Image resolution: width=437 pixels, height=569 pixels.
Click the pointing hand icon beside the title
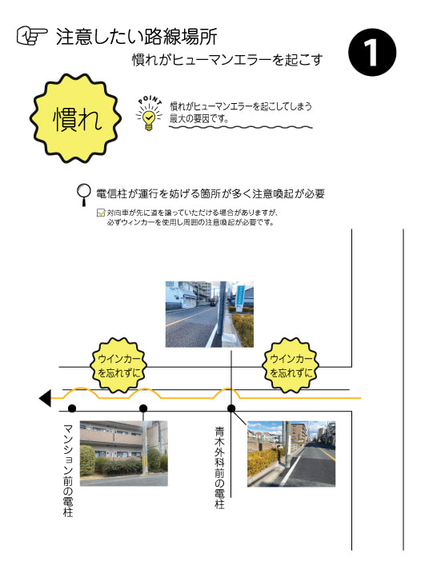[x=32, y=36]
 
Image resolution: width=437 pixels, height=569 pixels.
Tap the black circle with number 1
[x=372, y=52]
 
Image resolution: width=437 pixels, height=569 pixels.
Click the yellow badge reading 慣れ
[x=75, y=118]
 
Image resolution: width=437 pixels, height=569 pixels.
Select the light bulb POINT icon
[x=149, y=113]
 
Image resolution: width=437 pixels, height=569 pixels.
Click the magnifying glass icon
[x=84, y=195]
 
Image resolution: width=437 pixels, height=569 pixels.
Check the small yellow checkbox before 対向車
[x=101, y=213]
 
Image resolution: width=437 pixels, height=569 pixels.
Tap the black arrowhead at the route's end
[x=45, y=399]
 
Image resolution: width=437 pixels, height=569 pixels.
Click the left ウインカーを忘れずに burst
[x=118, y=365]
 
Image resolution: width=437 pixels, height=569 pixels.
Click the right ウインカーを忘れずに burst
[x=290, y=365]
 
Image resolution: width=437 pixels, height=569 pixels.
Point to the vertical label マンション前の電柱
[x=68, y=470]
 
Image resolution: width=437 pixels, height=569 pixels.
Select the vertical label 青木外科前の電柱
[x=219, y=468]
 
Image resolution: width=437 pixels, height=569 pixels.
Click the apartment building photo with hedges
[x=123, y=453]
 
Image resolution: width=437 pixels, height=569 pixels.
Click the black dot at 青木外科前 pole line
[x=231, y=408]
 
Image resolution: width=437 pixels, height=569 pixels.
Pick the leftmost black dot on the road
[x=72, y=408]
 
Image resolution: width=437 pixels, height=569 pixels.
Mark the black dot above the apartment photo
[x=143, y=408]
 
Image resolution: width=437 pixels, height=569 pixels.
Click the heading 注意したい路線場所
[x=136, y=36]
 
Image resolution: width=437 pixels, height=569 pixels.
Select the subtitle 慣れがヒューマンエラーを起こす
[x=227, y=60]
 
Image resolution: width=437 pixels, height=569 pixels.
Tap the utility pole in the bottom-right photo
[x=287, y=444]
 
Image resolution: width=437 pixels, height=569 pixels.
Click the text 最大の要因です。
[x=199, y=118]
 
